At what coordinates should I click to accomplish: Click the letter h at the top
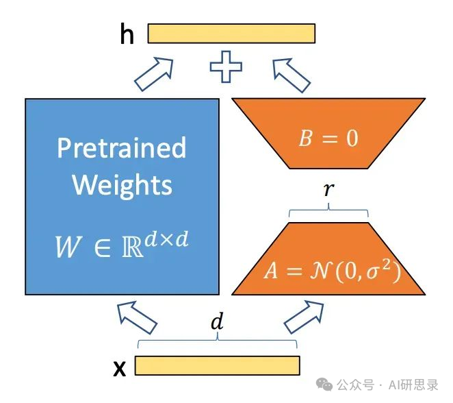pyautogui.click(x=127, y=34)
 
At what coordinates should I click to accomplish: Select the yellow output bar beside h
pyautogui.click(x=231, y=34)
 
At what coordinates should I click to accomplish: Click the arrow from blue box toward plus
pyautogui.click(x=153, y=73)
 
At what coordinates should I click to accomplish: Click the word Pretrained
pyautogui.click(x=121, y=147)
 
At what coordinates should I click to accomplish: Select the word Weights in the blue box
pyautogui.click(x=122, y=184)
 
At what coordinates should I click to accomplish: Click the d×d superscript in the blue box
pyautogui.click(x=166, y=239)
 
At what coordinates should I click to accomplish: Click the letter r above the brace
pyautogui.click(x=329, y=189)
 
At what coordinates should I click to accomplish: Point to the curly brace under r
pyautogui.click(x=328, y=212)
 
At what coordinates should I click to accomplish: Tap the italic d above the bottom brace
pyautogui.click(x=217, y=323)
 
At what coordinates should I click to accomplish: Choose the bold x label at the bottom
pyautogui.click(x=120, y=369)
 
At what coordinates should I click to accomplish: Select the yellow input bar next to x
pyautogui.click(x=217, y=366)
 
